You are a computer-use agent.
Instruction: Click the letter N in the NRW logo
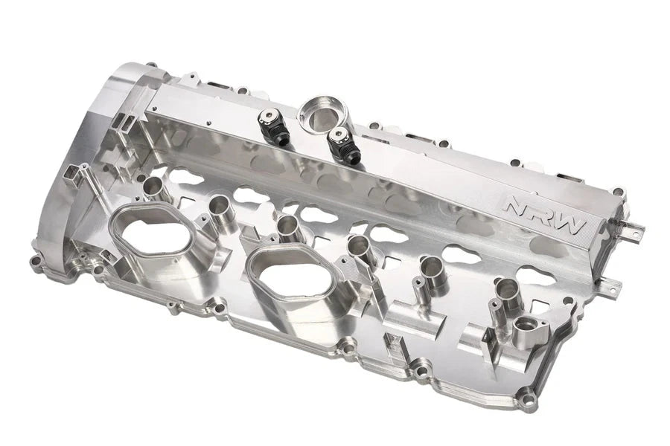click(x=516, y=205)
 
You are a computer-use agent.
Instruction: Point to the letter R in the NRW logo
click(x=543, y=215)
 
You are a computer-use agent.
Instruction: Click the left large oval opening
click(x=152, y=235)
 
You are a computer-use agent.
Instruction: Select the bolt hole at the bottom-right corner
click(x=529, y=402)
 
